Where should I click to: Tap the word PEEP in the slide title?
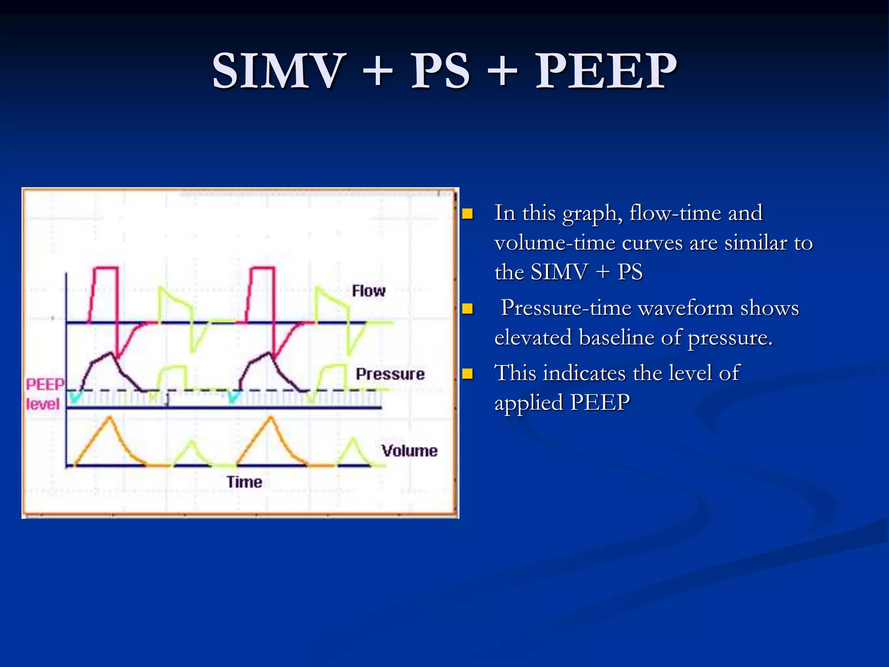click(606, 71)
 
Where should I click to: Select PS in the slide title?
click(440, 71)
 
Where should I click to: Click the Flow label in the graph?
click(369, 291)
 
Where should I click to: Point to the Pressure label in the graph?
click(390, 374)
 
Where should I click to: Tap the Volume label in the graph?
click(409, 451)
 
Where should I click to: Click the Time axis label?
click(244, 482)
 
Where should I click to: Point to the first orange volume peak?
click(110, 418)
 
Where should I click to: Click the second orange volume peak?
click(271, 418)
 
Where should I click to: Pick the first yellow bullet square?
click(468, 214)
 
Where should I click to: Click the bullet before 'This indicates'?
click(468, 373)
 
